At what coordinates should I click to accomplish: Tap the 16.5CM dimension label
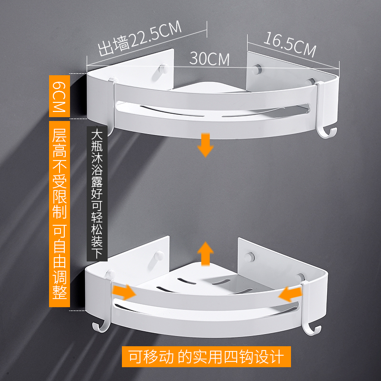(x=291, y=43)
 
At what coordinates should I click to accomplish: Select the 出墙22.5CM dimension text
(x=140, y=38)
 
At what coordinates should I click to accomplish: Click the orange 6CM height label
(x=60, y=95)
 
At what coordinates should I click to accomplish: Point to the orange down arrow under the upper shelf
(x=206, y=145)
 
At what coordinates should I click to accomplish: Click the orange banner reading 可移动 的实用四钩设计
(x=206, y=356)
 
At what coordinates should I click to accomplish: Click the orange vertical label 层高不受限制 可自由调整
(x=60, y=214)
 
